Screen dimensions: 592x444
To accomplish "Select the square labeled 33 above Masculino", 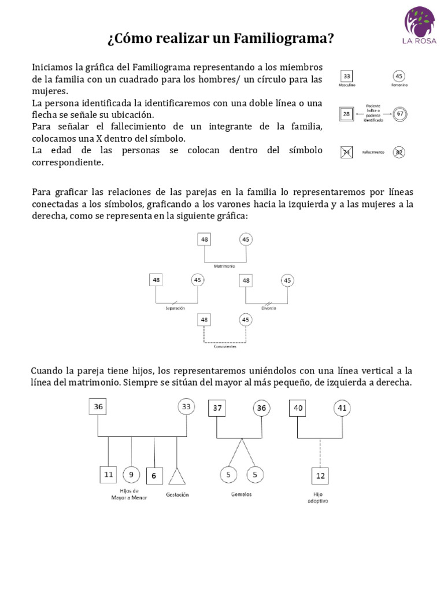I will click(x=347, y=76).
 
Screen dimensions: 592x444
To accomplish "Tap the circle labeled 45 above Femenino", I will click(x=399, y=76).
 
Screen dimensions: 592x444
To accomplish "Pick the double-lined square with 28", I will click(x=346, y=114).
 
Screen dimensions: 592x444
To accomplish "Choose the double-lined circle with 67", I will click(x=399, y=114).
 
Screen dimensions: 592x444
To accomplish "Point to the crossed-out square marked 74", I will click(x=347, y=153).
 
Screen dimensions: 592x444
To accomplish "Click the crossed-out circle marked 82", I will click(x=399, y=153).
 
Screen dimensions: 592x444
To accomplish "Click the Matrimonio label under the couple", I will click(x=224, y=267).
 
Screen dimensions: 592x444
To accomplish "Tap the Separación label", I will click(x=175, y=308).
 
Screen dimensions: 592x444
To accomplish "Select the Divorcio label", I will click(x=268, y=308).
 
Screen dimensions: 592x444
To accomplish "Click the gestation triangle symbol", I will click(x=176, y=476).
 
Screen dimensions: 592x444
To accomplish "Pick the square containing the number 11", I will click(x=109, y=475).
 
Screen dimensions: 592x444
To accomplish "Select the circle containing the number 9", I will click(x=131, y=475).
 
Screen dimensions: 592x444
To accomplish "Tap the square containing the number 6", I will click(x=154, y=476).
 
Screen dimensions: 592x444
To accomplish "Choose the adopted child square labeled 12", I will click(x=320, y=476).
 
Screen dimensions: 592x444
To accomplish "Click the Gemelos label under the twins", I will click(x=241, y=495).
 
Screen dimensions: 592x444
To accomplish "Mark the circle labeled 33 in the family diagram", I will click(x=186, y=407).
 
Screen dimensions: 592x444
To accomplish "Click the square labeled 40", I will click(x=298, y=408).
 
